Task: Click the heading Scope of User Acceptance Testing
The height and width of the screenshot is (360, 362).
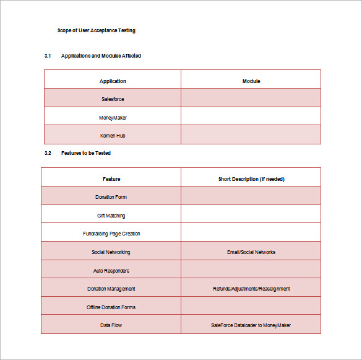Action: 96,30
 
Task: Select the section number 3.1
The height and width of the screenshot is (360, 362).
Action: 48,56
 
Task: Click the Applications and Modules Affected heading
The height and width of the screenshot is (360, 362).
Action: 101,56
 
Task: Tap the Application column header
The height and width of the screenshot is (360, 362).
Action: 113,81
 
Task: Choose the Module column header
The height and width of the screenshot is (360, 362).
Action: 251,81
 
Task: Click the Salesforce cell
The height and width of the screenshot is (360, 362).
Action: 113,99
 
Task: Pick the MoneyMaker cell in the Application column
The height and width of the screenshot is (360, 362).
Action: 113,117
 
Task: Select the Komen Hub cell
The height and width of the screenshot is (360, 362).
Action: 113,136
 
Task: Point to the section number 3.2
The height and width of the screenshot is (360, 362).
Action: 48,153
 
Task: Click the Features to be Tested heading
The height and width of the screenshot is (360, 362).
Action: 86,153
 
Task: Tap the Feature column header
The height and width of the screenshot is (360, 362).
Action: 111,179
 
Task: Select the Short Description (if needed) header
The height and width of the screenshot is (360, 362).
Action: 251,179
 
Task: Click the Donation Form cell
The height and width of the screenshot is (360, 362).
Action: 111,197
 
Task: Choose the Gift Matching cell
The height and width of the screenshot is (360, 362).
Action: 111,216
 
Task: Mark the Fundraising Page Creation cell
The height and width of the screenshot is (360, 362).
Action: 111,234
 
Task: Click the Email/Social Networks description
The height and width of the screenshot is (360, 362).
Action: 251,252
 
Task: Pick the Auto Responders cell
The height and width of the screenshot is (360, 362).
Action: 111,271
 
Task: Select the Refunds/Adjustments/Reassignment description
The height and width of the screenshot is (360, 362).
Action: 251,289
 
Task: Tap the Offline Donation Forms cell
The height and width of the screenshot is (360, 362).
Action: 111,307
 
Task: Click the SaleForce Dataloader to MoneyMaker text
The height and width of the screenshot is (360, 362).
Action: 251,325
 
